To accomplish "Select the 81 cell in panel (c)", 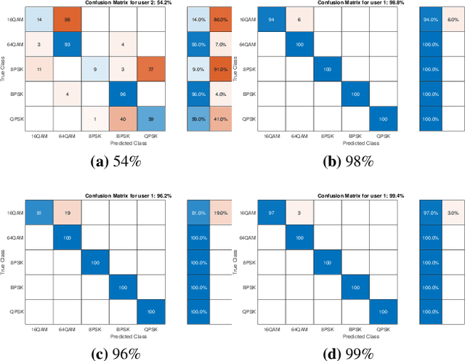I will tap(39, 213).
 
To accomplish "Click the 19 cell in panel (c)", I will tap(67, 213).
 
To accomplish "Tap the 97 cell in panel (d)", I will tap(270, 213).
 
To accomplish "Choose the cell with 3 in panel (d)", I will tap(298, 213).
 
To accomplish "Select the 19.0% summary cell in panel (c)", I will tap(220, 213).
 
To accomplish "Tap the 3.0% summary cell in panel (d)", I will tap(452, 213).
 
